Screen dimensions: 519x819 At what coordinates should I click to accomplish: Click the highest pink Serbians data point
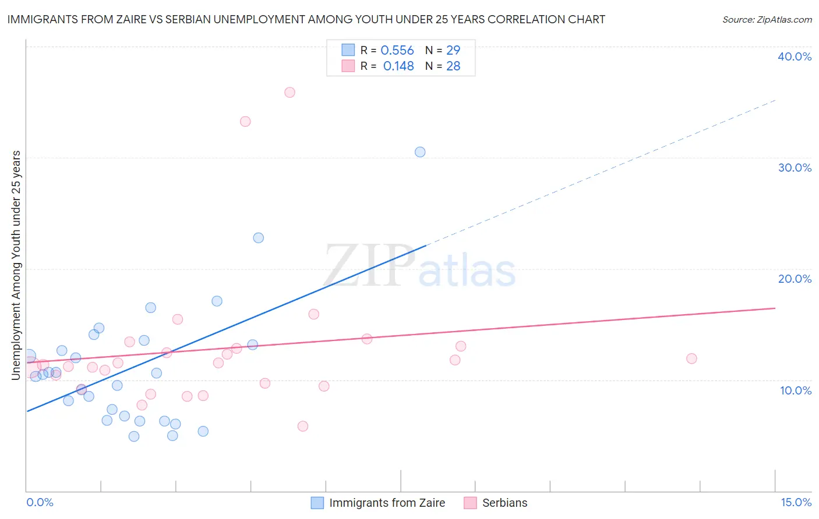click(290, 93)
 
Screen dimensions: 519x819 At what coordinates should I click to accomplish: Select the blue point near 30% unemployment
click(420, 152)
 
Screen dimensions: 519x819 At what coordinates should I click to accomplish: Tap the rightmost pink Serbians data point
click(691, 358)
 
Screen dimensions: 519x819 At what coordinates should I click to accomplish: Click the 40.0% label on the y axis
click(795, 56)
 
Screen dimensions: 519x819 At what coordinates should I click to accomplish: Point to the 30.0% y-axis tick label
click(795, 168)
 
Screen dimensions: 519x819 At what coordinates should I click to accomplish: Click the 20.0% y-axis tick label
click(795, 279)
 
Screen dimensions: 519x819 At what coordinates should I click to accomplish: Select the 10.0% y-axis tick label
click(796, 390)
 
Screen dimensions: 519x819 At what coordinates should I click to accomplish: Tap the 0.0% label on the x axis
click(40, 502)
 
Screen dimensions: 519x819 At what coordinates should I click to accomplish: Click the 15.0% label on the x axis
click(796, 502)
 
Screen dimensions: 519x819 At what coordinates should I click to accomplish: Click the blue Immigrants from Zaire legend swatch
click(317, 503)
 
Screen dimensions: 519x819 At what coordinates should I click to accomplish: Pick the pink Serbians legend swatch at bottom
click(470, 503)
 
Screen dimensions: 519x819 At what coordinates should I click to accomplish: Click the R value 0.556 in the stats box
click(397, 51)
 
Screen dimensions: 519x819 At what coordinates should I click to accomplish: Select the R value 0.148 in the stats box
click(398, 66)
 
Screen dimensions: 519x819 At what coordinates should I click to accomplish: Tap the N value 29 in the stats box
click(453, 51)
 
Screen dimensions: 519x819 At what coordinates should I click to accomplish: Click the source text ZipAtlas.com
click(767, 20)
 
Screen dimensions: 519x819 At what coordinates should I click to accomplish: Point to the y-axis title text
click(16, 265)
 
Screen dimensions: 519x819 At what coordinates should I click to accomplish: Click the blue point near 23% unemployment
click(258, 238)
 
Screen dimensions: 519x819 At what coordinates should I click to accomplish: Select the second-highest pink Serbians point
click(245, 122)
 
